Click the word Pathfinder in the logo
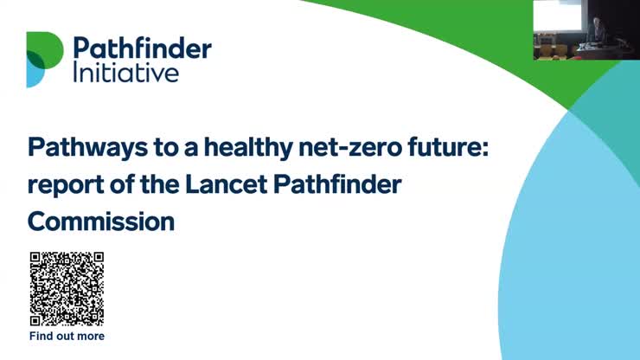pyautogui.click(x=141, y=47)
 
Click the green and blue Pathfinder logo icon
pyautogui.click(x=44, y=59)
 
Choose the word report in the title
pyautogui.click(x=61, y=185)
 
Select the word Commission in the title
pyautogui.click(x=101, y=222)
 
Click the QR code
pyautogui.click(x=67, y=289)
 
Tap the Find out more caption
pyautogui.click(x=67, y=336)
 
